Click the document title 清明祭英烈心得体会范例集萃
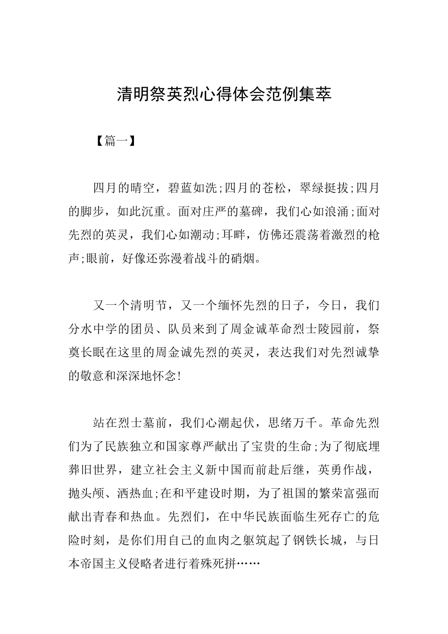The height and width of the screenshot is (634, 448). [x=224, y=94]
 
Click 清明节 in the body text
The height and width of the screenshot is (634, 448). [x=148, y=306]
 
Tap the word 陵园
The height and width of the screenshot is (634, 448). [x=330, y=329]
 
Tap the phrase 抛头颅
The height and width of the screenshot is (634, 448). [x=86, y=493]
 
